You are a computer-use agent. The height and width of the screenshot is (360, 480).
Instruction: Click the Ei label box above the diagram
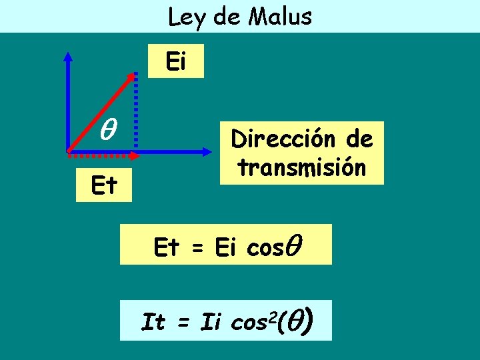pos(175,63)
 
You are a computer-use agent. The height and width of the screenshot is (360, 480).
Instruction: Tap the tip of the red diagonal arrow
pos(132,74)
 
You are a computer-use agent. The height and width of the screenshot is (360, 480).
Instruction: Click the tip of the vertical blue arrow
pos(68,55)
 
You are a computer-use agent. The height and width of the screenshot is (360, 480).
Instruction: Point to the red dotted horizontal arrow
pos(107,156)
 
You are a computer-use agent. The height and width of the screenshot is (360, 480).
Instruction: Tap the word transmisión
pos(302,167)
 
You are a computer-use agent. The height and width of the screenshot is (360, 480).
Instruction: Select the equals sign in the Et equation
pos(197,248)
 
